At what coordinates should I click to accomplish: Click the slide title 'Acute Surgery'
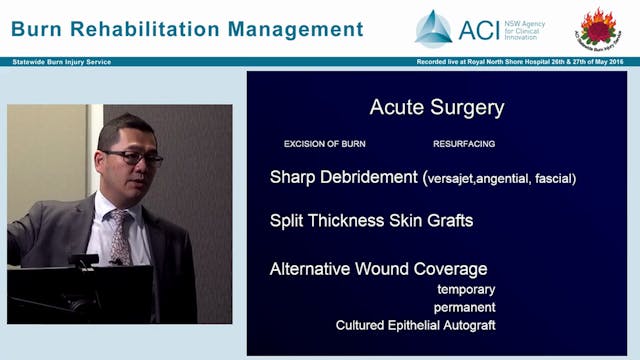click(x=436, y=107)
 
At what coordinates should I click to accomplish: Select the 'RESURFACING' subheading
click(x=463, y=144)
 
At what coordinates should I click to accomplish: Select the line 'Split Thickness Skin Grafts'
click(x=371, y=219)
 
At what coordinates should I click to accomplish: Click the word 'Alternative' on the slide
click(x=314, y=269)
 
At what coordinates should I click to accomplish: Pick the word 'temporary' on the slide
click(x=466, y=289)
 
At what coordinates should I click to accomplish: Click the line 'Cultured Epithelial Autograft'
click(x=415, y=325)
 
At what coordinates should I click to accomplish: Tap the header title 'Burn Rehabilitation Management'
click(x=187, y=29)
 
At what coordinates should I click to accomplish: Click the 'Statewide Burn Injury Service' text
click(x=61, y=62)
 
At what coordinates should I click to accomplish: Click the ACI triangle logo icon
click(x=434, y=29)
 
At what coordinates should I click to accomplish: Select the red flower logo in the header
click(x=598, y=29)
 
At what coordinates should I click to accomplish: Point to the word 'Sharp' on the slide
click(x=291, y=178)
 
